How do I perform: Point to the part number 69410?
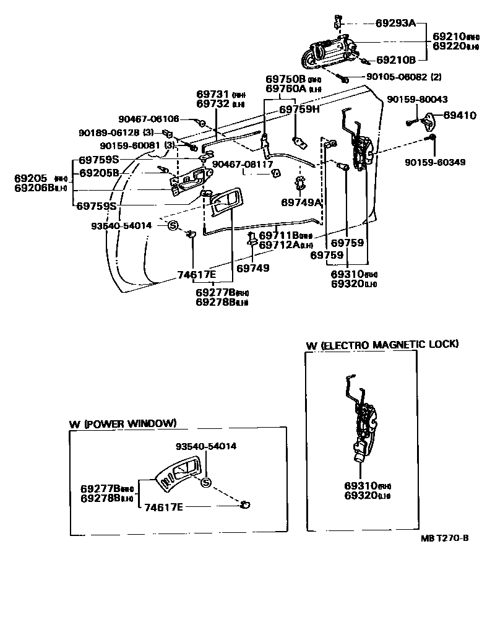(x=458, y=115)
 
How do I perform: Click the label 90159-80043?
(x=418, y=100)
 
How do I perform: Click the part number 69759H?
(x=299, y=110)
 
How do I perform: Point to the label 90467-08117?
(x=243, y=165)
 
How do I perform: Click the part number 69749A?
(x=302, y=202)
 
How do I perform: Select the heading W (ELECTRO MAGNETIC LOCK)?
(x=382, y=344)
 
